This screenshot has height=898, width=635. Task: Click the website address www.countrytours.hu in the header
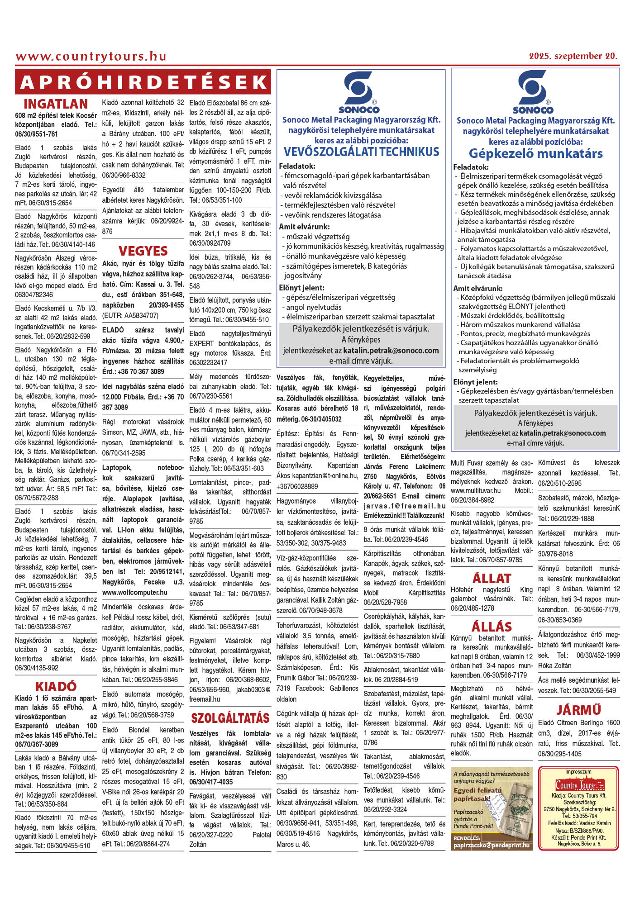pyautogui.click(x=91, y=57)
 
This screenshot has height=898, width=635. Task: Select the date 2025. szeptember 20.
pyautogui.click(x=573, y=57)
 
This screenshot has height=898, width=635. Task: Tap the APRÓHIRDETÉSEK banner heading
pyautogui.click(x=143, y=82)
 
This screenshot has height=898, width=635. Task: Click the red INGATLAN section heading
pyautogui.click(x=56, y=105)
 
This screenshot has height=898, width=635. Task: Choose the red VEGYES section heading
pyautogui.click(x=143, y=251)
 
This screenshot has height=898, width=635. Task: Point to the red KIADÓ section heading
pyautogui.click(x=56, y=687)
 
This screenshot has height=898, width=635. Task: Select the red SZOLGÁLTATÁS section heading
pyautogui.click(x=230, y=718)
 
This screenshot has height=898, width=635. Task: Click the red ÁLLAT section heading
pyautogui.click(x=492, y=579)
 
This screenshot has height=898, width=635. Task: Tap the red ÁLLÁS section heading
pyautogui.click(x=492, y=627)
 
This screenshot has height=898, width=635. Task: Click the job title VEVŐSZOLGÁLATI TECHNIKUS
pyautogui.click(x=361, y=152)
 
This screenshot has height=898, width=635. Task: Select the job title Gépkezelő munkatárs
pyautogui.click(x=535, y=154)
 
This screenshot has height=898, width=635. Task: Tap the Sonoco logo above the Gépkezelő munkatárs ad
pyautogui.click(x=533, y=93)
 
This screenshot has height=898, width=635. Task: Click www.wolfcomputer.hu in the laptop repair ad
pyautogui.click(x=135, y=592)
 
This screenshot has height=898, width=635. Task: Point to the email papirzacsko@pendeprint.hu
pyautogui.click(x=491, y=845)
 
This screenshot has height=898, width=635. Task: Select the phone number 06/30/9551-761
pyautogui.click(x=37, y=134)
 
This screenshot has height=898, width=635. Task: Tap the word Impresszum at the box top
pyautogui.click(x=578, y=771)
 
